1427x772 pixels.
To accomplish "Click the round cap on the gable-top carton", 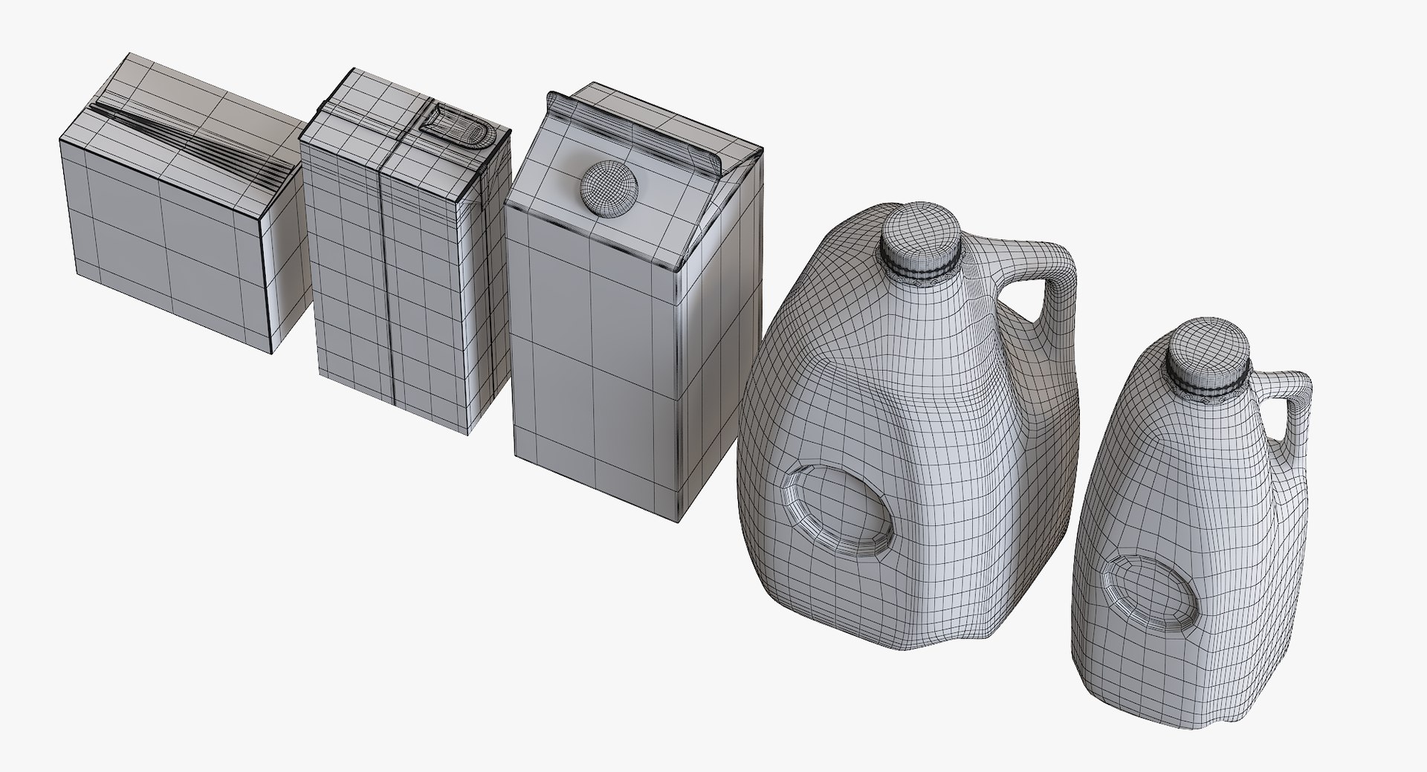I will coord(608,184).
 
